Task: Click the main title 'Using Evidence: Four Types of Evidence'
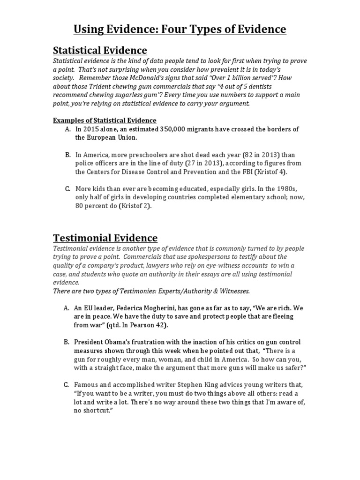(180, 30)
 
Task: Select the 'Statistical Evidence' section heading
(100, 50)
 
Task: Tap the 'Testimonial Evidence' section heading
(105, 238)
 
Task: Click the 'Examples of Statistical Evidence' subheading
(105, 120)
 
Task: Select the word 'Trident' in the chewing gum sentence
(107, 87)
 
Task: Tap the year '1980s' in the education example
(293, 188)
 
